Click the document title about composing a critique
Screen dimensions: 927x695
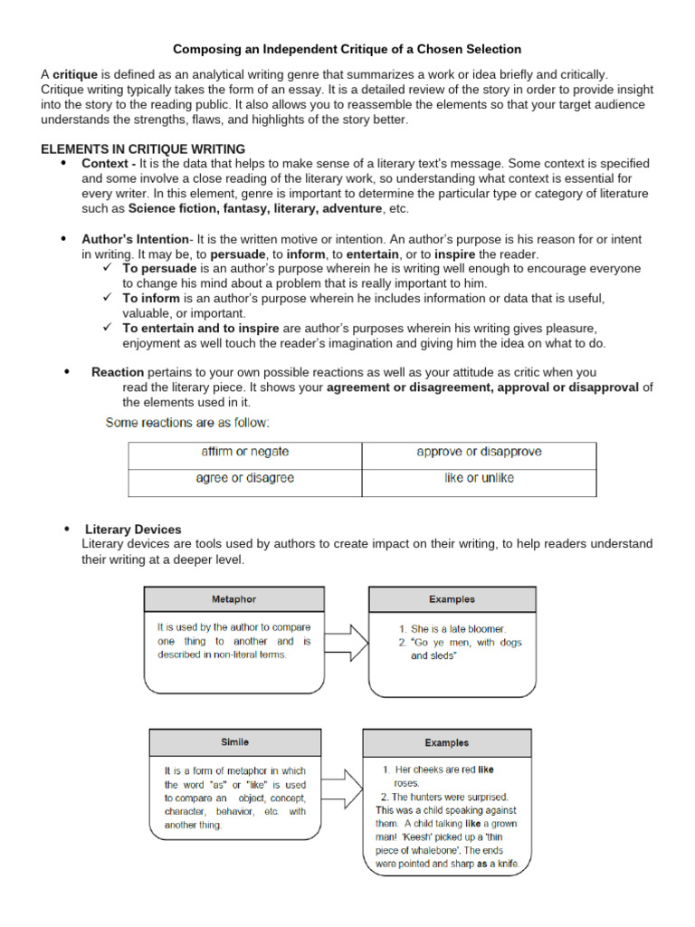click(x=347, y=49)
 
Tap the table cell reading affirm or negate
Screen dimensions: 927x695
click(x=244, y=451)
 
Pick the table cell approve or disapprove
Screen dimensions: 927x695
click(x=479, y=451)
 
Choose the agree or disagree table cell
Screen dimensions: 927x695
click(x=244, y=478)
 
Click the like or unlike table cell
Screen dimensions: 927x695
click(x=479, y=478)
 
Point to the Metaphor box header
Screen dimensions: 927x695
click(x=233, y=599)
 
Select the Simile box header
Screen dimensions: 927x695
click(x=235, y=742)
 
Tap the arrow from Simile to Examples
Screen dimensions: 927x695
click(x=341, y=788)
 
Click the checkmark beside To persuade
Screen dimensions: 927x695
click(x=107, y=269)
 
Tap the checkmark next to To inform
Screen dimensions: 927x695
click(x=107, y=298)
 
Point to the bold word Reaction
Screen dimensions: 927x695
click(x=118, y=372)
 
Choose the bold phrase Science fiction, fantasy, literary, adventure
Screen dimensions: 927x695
click(x=255, y=208)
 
